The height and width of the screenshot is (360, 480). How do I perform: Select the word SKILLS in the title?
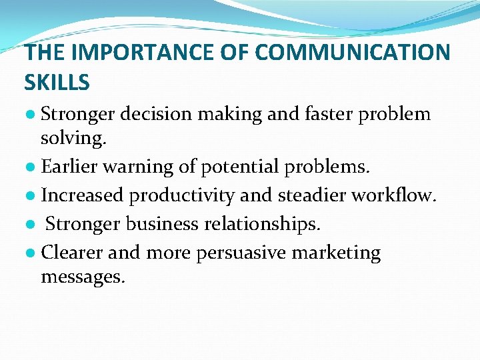point(57,82)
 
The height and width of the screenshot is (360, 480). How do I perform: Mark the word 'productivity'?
point(180,195)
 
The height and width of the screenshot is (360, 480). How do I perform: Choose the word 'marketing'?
point(344,253)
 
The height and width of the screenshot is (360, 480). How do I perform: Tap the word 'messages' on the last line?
point(81,277)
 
